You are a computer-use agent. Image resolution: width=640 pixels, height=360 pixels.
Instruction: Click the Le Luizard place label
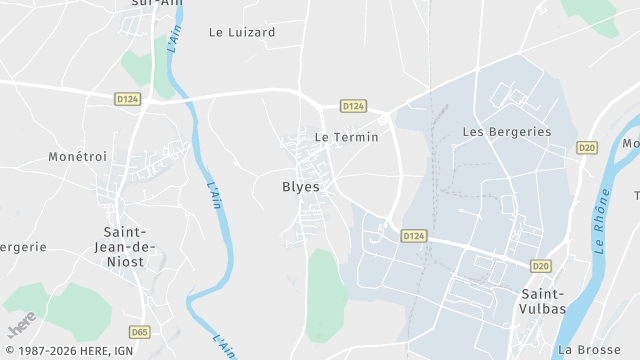[241, 32]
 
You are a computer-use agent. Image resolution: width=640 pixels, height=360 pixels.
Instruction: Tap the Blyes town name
[301, 186]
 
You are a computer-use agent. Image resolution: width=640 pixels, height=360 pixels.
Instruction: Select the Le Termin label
[346, 137]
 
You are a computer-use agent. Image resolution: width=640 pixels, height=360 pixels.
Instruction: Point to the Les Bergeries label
[507, 132]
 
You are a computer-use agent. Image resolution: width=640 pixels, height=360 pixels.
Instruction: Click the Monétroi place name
[77, 157]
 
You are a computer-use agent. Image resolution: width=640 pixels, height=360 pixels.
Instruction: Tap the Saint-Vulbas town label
[543, 301]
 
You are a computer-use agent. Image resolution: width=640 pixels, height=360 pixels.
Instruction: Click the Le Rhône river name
[602, 229]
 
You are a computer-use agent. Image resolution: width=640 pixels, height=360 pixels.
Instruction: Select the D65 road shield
[140, 332]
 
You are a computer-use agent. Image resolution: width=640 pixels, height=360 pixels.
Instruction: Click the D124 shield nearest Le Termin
[352, 106]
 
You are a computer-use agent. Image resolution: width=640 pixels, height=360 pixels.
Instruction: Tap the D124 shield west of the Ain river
[127, 98]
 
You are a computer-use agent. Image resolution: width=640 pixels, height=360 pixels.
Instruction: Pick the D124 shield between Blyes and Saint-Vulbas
[414, 235]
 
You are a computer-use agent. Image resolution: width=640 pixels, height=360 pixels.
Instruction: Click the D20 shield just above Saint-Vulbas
[541, 266]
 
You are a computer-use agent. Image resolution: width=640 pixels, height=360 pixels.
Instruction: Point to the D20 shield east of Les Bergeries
[586, 148]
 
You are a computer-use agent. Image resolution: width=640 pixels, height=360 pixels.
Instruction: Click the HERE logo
[22, 325]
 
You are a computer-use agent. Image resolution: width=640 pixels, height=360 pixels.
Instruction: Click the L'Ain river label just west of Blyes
[213, 194]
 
